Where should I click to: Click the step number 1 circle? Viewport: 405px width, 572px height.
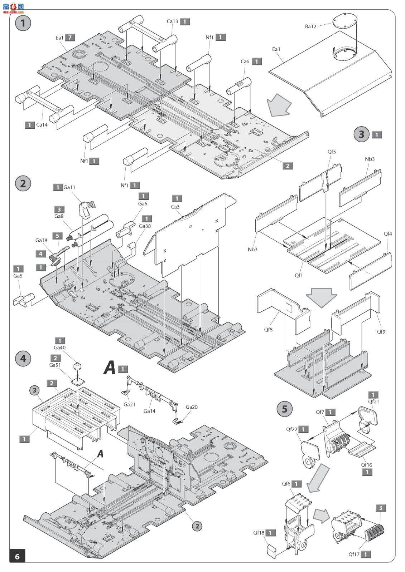pyautogui.click(x=23, y=23)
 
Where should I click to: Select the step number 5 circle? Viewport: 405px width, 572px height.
pyautogui.click(x=285, y=409)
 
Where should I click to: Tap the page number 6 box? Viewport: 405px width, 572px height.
pyautogui.click(x=17, y=556)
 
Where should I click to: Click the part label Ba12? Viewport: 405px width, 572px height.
pyautogui.click(x=311, y=26)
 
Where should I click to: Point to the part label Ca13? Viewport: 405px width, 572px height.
pyautogui.click(x=172, y=21)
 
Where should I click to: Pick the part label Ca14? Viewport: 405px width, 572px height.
pyautogui.click(x=42, y=125)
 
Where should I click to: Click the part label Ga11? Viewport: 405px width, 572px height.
pyautogui.click(x=69, y=187)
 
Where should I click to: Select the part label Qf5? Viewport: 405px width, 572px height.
pyautogui.click(x=332, y=152)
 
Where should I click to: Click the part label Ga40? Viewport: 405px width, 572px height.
pyautogui.click(x=60, y=347)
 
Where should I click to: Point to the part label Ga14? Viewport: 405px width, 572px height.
pyautogui.click(x=149, y=411)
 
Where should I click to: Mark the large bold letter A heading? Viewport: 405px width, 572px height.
pyautogui.click(x=110, y=368)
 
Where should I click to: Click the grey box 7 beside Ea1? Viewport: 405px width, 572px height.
pyautogui.click(x=71, y=37)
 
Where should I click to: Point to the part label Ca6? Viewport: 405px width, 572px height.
pyautogui.click(x=245, y=61)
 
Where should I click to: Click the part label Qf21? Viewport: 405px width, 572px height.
pyautogui.click(x=373, y=401)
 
